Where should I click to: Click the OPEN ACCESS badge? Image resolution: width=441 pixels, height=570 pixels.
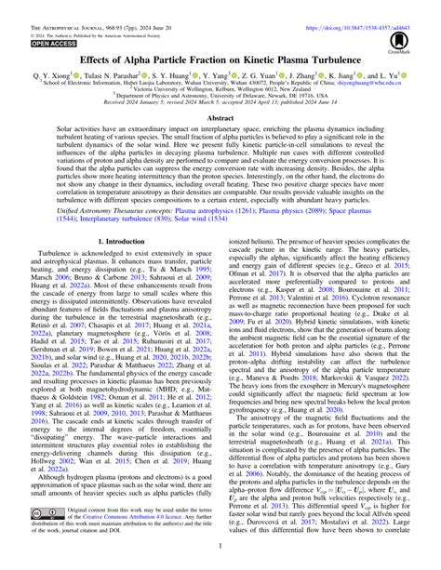(x=44, y=43)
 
